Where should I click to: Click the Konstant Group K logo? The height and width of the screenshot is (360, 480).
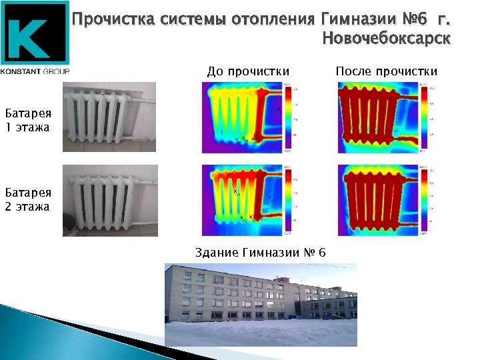35,33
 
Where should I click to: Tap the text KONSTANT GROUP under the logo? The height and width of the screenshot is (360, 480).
35,71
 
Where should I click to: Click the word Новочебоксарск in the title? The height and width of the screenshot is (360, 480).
386,39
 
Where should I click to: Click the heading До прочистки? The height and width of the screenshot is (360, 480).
248,71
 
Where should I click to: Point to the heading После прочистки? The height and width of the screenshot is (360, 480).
387,71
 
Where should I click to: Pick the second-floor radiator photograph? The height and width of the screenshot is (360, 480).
110,200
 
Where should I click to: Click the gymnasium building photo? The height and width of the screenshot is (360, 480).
261,305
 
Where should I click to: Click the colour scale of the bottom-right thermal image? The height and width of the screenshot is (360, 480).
423,200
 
